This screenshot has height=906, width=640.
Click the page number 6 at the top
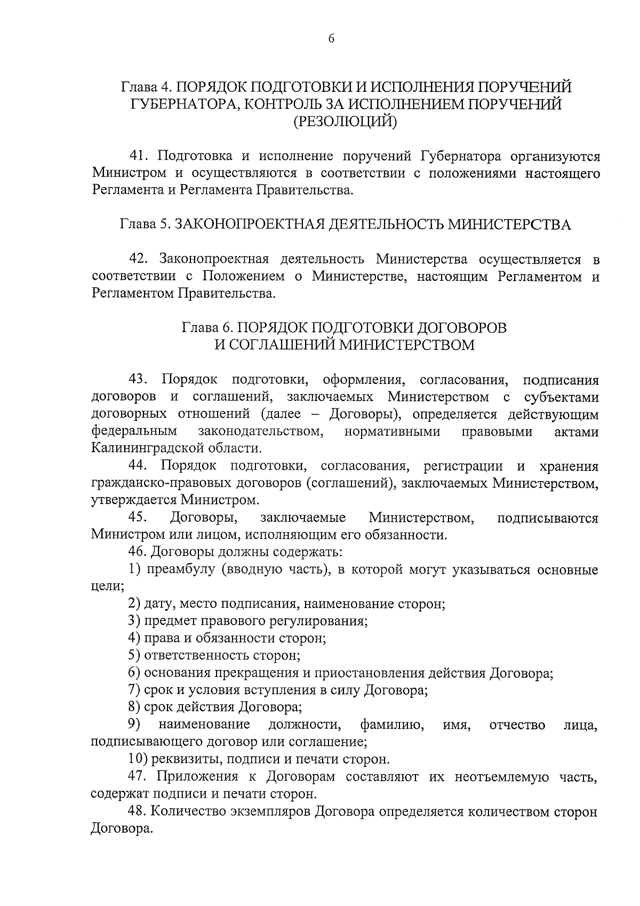pos(331,38)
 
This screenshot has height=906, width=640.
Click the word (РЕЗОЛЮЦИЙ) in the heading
pos(346,122)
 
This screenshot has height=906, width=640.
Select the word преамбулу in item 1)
pos(179,570)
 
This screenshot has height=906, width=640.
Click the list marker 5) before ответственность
pos(134,655)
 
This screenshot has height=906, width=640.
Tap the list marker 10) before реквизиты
pos(138,759)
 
